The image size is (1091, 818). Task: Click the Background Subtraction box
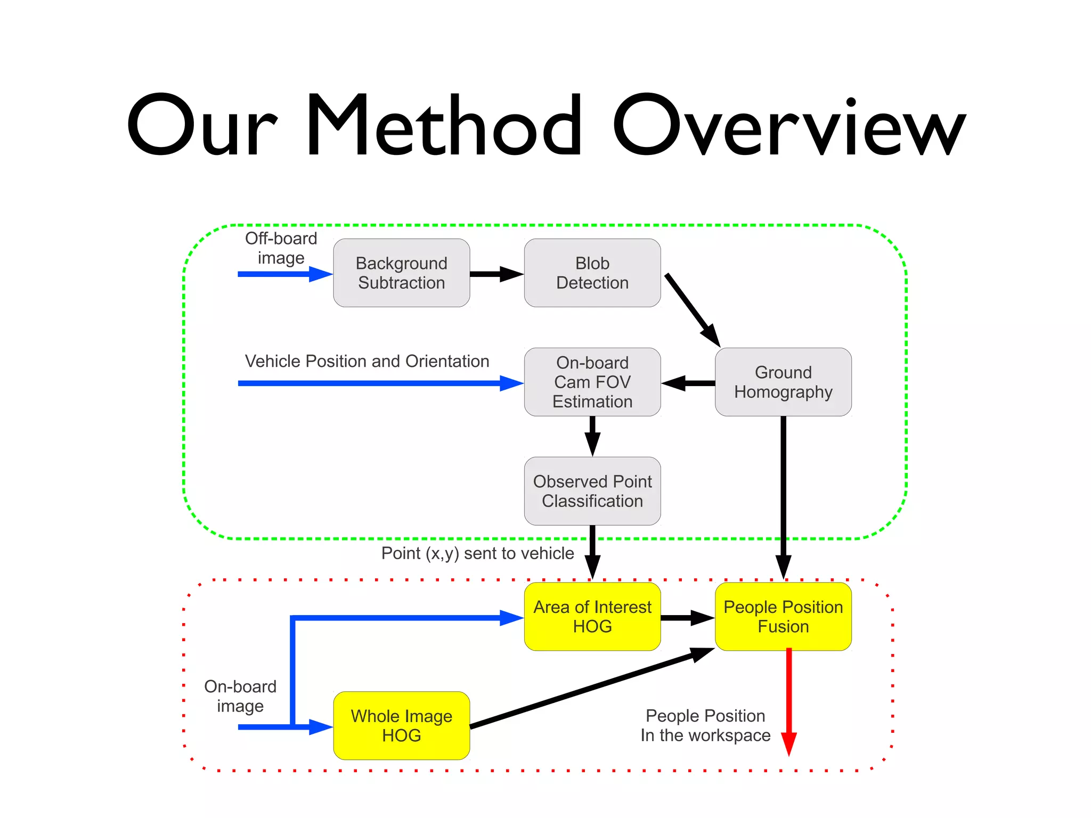click(x=401, y=273)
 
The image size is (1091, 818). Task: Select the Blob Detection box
click(x=592, y=273)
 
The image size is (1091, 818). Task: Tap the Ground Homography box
click(x=783, y=382)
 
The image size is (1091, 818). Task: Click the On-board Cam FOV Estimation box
click(x=592, y=382)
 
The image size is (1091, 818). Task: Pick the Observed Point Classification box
click(x=592, y=491)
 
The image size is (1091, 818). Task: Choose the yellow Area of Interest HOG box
click(x=592, y=617)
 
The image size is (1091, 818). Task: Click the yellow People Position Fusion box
click(x=783, y=617)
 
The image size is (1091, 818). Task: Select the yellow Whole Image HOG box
click(x=401, y=725)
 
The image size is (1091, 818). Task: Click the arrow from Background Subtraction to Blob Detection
click(x=495, y=274)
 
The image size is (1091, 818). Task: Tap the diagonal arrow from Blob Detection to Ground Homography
click(x=691, y=309)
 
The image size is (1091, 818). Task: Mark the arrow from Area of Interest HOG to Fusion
click(x=687, y=618)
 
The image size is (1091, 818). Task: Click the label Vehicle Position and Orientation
click(x=367, y=361)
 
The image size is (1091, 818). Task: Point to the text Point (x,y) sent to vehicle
click(x=477, y=553)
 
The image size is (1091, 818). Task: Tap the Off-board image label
click(x=281, y=248)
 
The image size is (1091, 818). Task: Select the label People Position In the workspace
click(x=705, y=725)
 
